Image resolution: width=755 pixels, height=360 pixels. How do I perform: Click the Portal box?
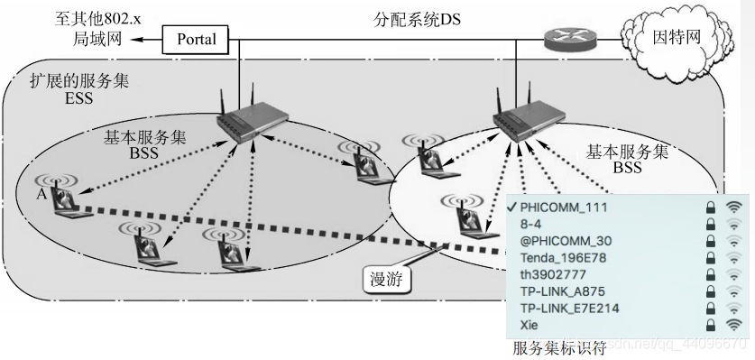196,39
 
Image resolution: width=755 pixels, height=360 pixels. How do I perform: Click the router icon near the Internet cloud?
569,39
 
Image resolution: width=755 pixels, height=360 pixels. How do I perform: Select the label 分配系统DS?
417,17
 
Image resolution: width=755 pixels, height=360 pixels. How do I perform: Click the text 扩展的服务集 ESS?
79,89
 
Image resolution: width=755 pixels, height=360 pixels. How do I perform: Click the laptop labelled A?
65,201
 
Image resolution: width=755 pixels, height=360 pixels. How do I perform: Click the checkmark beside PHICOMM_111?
511,207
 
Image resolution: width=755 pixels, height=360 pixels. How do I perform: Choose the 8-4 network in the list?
531,224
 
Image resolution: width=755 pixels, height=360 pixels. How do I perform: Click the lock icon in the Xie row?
711,324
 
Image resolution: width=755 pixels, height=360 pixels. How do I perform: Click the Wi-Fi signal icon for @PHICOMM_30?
734,241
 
